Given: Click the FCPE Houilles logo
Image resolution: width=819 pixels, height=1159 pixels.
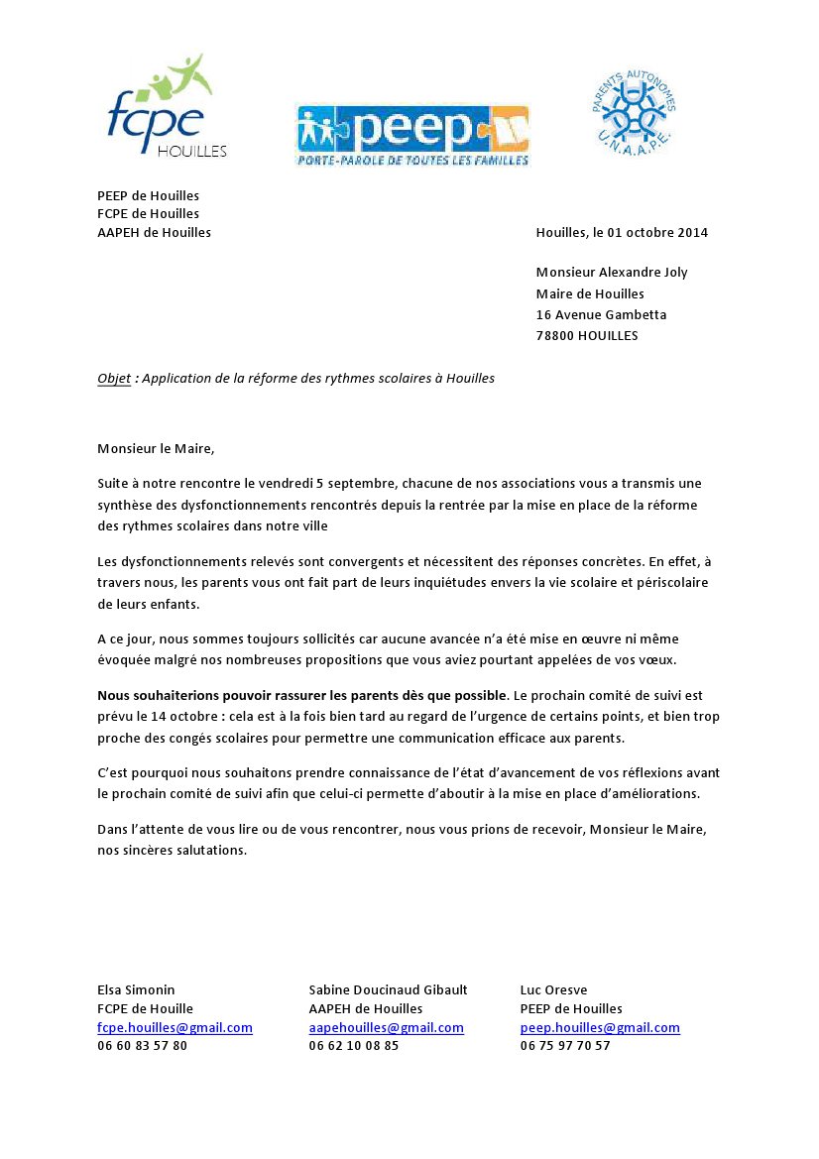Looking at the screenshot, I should pyautogui.click(x=166, y=108).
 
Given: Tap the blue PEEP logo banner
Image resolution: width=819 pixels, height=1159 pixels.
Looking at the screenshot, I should pyautogui.click(x=412, y=135).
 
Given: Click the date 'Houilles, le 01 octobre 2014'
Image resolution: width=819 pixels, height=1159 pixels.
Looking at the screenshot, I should pyautogui.click(x=622, y=233).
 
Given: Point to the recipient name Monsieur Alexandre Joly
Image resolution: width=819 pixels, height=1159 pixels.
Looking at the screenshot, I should pyautogui.click(x=611, y=273).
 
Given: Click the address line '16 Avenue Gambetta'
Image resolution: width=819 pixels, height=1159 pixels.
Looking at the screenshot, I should pyautogui.click(x=601, y=314).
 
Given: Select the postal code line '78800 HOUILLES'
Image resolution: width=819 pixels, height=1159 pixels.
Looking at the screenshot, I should pyautogui.click(x=587, y=335).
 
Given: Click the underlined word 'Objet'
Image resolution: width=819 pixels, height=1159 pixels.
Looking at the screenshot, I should pyautogui.click(x=114, y=379).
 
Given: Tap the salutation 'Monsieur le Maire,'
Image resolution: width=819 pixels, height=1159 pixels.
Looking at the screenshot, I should pyautogui.click(x=156, y=448).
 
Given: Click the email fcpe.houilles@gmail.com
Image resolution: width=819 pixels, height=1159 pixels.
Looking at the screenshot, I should pyautogui.click(x=175, y=1028).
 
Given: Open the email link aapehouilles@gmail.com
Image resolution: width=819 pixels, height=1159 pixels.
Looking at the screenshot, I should pyautogui.click(x=386, y=1028).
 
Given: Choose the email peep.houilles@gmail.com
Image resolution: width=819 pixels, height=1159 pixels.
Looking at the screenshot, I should pyautogui.click(x=600, y=1028).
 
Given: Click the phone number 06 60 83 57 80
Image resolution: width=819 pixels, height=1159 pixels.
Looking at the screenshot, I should pyautogui.click(x=142, y=1046).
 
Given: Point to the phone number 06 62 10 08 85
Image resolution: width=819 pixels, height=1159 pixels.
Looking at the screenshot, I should pyautogui.click(x=353, y=1046).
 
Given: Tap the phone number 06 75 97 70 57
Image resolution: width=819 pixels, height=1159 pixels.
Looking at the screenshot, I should pyautogui.click(x=565, y=1046).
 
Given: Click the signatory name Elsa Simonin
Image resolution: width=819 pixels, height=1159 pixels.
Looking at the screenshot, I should pyautogui.click(x=136, y=989).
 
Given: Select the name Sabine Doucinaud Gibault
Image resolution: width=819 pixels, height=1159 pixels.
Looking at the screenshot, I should pyautogui.click(x=388, y=989).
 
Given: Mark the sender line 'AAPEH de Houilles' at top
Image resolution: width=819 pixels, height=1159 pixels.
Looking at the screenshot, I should pyautogui.click(x=154, y=233).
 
